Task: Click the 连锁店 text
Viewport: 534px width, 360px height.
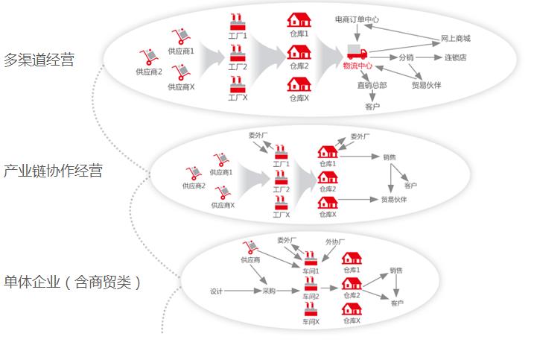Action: pyautogui.click(x=456, y=57)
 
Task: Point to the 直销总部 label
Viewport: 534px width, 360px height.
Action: pyautogui.click(x=372, y=85)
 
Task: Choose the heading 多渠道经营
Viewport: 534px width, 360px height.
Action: pyautogui.click(x=39, y=60)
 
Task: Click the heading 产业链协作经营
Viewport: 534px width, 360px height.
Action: pyautogui.click(x=53, y=171)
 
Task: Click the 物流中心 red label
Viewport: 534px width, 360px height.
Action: pyautogui.click(x=357, y=66)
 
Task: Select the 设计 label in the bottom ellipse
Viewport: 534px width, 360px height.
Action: pyautogui.click(x=217, y=291)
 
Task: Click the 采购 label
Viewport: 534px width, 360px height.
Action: pyautogui.click(x=269, y=291)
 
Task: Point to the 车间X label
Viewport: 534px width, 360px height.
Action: pyautogui.click(x=311, y=322)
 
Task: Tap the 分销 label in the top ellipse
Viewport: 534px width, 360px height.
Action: pyautogui.click(x=406, y=57)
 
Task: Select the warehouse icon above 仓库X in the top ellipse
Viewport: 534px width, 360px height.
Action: pyautogui.click(x=299, y=83)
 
